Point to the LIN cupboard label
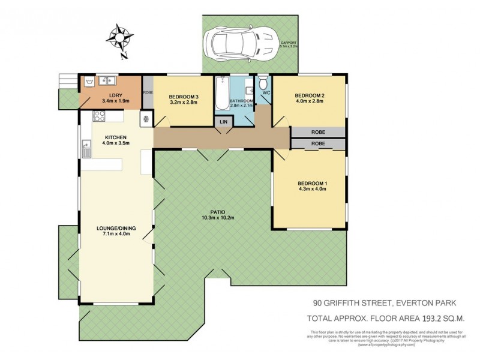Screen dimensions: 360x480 (224, 122)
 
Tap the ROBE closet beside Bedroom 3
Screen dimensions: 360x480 (148, 93)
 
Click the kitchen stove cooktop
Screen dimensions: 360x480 (146, 119)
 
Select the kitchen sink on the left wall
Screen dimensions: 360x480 (86, 148)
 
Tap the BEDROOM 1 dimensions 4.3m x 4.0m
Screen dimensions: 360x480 (311, 189)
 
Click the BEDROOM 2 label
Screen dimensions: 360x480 (309, 96)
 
